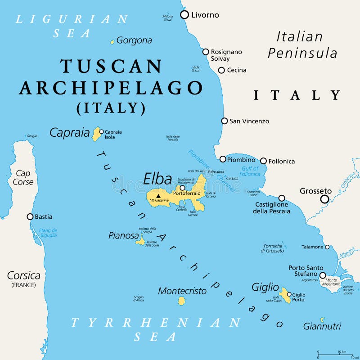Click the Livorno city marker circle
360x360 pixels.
click(x=184, y=15)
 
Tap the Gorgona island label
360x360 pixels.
click(x=134, y=40)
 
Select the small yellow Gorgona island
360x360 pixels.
click(x=112, y=42)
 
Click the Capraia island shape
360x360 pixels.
click(x=96, y=134)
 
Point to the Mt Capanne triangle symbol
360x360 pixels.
click(x=158, y=196)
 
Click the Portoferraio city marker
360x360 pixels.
click(x=183, y=188)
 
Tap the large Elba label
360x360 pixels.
click(x=157, y=179)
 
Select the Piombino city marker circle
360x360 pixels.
click(x=223, y=159)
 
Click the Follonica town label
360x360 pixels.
click(x=281, y=161)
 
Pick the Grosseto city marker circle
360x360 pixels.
click(x=324, y=199)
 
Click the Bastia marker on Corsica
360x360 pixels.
click(x=30, y=216)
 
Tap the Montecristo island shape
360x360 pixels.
click(x=181, y=301)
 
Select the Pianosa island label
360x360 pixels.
click(x=123, y=235)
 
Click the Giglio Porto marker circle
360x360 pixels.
click(x=289, y=294)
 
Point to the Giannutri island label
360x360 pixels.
click(x=322, y=326)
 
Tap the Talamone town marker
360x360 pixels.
click(x=327, y=247)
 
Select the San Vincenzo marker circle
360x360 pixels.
click(x=224, y=121)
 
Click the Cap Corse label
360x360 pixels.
click(x=23, y=178)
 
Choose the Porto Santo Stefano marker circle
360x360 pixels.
click(x=323, y=275)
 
